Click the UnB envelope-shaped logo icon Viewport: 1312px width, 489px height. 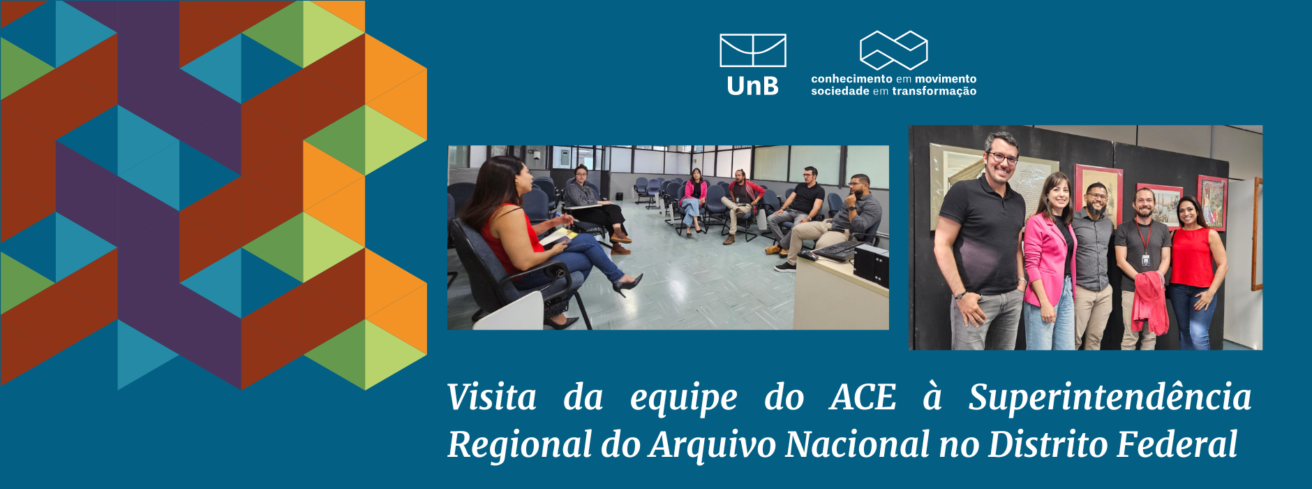point(752,50)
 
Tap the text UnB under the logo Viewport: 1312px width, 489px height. point(752,86)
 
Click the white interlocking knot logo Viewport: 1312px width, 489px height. point(893,50)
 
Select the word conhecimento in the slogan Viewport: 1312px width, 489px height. point(851,79)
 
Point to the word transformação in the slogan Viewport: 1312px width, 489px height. point(934,91)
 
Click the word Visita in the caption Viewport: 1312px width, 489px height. point(492,397)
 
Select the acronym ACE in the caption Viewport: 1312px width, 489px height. point(863,397)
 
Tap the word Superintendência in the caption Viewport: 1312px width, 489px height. point(1110,398)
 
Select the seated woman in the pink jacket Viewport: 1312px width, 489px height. point(693,200)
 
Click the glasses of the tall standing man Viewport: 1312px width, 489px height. point(1003,158)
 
